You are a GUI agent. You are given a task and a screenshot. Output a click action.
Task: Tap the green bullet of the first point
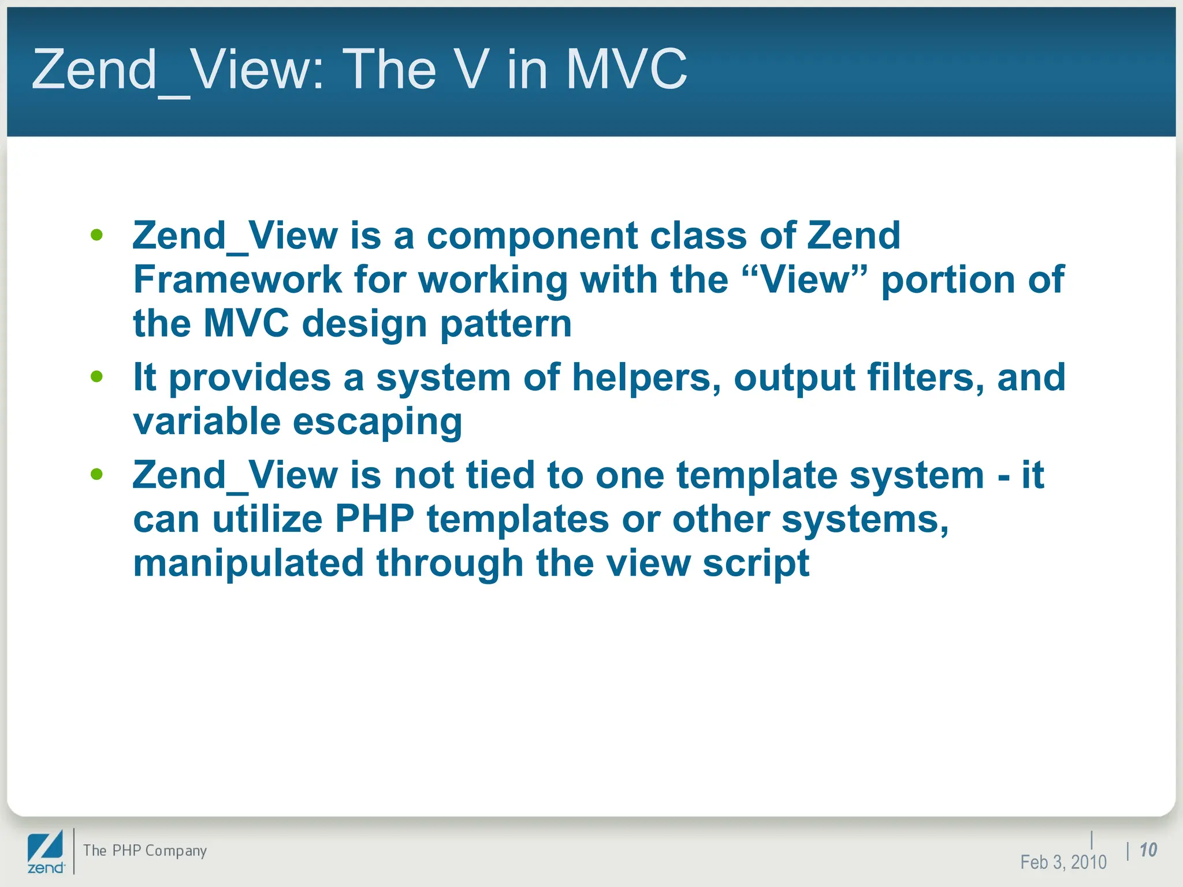(96, 235)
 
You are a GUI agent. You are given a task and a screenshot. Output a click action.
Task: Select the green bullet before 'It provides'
(96, 377)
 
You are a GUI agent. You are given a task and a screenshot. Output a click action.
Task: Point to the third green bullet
(96, 475)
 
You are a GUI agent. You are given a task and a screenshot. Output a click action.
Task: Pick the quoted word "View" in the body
(806, 279)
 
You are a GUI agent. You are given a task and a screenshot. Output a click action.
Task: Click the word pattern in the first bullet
(506, 325)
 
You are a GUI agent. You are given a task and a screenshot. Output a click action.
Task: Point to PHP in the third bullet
(374, 519)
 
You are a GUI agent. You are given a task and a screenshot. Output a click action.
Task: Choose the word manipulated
(248, 563)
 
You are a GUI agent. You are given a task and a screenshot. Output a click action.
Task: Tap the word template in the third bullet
(757, 476)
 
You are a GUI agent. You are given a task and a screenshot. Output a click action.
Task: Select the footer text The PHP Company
(144, 851)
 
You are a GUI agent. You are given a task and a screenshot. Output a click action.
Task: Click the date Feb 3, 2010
(1063, 862)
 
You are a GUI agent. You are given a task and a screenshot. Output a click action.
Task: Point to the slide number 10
(1148, 850)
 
